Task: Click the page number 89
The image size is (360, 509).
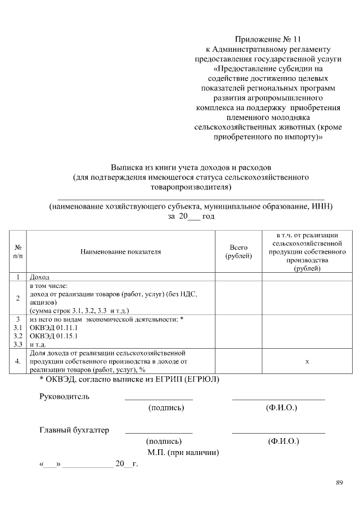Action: click(339, 482)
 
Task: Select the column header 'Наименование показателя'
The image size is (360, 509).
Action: click(120, 251)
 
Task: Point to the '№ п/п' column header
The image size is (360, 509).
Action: click(18, 251)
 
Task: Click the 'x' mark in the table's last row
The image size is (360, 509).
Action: click(307, 361)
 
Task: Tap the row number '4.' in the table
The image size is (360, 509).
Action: click(18, 361)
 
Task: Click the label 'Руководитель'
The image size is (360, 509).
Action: click(64, 396)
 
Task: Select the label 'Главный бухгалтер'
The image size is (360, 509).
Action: click(74, 430)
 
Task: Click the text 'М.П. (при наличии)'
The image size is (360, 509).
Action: click(183, 452)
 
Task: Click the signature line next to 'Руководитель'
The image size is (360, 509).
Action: click(159, 399)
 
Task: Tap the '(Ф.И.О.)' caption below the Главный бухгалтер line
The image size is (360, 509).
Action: click(283, 442)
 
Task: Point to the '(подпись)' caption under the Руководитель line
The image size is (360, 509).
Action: click(166, 407)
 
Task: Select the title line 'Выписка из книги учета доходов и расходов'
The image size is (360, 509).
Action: click(191, 168)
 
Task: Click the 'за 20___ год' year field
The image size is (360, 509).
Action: click(191, 216)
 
